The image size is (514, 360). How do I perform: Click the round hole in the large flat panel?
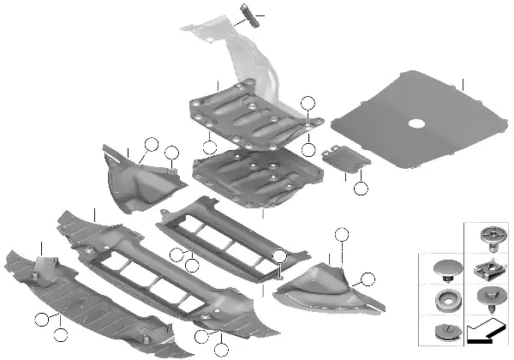417,123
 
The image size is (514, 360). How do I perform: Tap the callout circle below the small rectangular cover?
361,189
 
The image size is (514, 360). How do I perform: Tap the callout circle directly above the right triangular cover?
342,234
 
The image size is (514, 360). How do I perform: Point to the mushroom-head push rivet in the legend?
445,268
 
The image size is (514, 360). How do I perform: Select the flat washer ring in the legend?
445,303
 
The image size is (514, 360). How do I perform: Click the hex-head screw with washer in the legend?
487,301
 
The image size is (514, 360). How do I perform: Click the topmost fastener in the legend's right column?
487,237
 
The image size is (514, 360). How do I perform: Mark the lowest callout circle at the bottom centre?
221,349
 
